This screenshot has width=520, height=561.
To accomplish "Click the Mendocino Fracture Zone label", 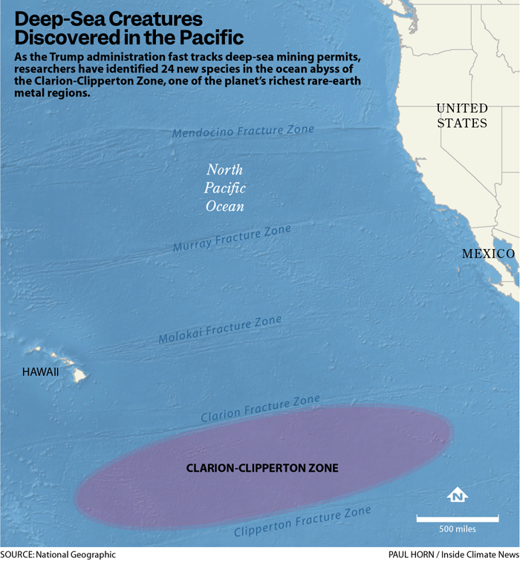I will [x=243, y=132].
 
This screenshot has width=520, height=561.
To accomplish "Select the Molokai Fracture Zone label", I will [x=220, y=330].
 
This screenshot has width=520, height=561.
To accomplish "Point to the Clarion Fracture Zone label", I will [x=260, y=409].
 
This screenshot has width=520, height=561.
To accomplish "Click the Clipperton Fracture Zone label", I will [x=302, y=522].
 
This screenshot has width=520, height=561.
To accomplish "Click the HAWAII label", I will [x=40, y=372].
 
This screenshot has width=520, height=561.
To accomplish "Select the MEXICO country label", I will [x=488, y=254].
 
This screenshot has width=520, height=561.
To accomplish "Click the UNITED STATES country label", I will [x=462, y=116].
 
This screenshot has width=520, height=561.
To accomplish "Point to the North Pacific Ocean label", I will [x=225, y=187].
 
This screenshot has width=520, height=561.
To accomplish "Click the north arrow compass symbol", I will [x=458, y=494].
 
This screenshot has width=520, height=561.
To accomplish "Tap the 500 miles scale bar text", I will [x=457, y=529].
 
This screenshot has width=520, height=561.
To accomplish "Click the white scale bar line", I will [x=457, y=517].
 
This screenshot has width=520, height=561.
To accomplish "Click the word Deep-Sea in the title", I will [x=59, y=17].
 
